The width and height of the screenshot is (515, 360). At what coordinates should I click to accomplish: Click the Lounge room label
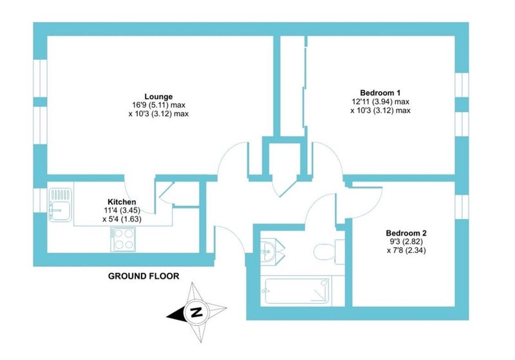(x=158, y=97)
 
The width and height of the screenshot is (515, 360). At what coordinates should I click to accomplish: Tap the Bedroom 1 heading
(x=380, y=93)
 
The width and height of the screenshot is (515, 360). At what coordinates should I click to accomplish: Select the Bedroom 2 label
(x=406, y=233)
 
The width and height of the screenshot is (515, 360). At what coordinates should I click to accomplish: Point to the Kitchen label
(x=122, y=202)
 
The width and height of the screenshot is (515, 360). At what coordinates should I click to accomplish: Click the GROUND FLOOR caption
(x=144, y=276)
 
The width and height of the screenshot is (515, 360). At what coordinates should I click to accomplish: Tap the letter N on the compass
(x=196, y=312)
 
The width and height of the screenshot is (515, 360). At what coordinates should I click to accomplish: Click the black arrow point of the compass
(x=167, y=317)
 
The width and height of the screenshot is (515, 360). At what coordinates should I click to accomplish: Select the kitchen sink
(x=61, y=205)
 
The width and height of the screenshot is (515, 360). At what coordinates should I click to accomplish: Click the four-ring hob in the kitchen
(x=123, y=240)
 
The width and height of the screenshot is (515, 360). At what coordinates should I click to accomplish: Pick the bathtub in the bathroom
(x=297, y=291)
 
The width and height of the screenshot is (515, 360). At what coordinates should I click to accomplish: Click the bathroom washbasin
(x=272, y=251)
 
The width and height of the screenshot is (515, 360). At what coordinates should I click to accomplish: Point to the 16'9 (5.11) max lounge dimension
(x=158, y=105)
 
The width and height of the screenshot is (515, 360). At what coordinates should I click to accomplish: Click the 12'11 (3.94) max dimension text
(x=380, y=102)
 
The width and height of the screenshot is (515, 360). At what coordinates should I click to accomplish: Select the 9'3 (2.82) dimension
(x=406, y=242)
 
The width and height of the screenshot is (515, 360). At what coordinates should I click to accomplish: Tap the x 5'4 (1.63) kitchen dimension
(x=122, y=219)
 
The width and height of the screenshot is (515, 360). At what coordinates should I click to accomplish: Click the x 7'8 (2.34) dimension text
(x=406, y=251)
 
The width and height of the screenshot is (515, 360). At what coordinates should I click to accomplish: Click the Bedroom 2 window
(x=462, y=207)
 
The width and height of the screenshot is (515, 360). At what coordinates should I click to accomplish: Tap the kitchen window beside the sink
(x=40, y=200)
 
